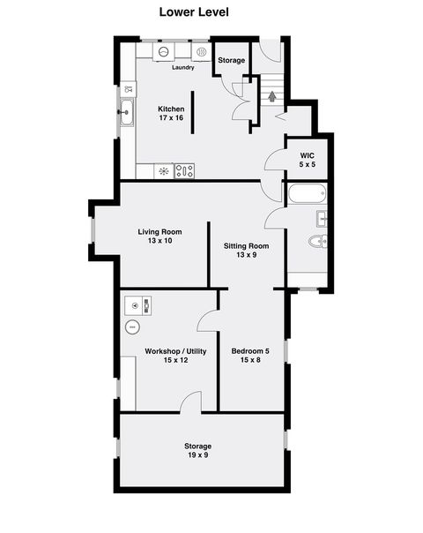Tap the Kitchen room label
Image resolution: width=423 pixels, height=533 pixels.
point(170,109)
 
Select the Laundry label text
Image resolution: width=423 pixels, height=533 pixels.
point(182,67)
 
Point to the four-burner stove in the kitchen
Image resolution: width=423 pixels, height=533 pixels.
point(185,171)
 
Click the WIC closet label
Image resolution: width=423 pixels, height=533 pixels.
point(306,154)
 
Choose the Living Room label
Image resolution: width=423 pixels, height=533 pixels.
point(160,232)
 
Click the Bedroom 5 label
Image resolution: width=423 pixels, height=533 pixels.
point(250,351)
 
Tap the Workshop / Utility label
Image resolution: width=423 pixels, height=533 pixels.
point(175,351)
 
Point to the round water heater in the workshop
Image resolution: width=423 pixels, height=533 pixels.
point(132,327)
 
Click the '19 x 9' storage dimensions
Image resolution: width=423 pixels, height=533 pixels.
point(197,455)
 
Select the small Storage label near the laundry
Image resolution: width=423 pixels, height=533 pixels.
point(232,60)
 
